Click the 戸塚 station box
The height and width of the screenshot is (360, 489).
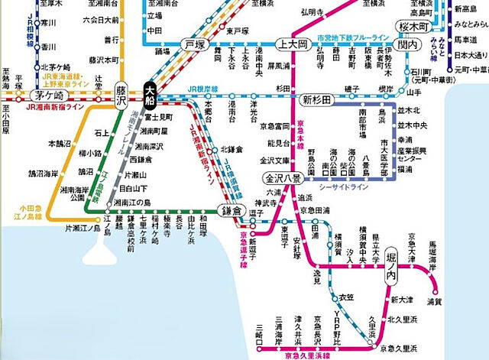(196, 46)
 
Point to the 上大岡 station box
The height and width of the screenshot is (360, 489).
(292, 45)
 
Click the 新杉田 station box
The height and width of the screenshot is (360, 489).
(315, 99)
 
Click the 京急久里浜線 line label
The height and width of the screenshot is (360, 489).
(294, 354)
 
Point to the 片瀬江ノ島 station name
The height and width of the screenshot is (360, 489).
(82, 227)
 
